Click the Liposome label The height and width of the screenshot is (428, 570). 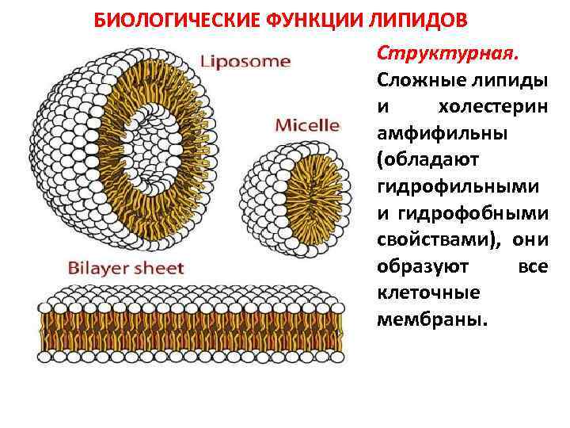(x=245, y=61)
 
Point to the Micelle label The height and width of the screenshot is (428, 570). (x=307, y=125)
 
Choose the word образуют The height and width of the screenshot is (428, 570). (x=424, y=266)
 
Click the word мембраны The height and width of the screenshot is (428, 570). (x=433, y=319)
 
